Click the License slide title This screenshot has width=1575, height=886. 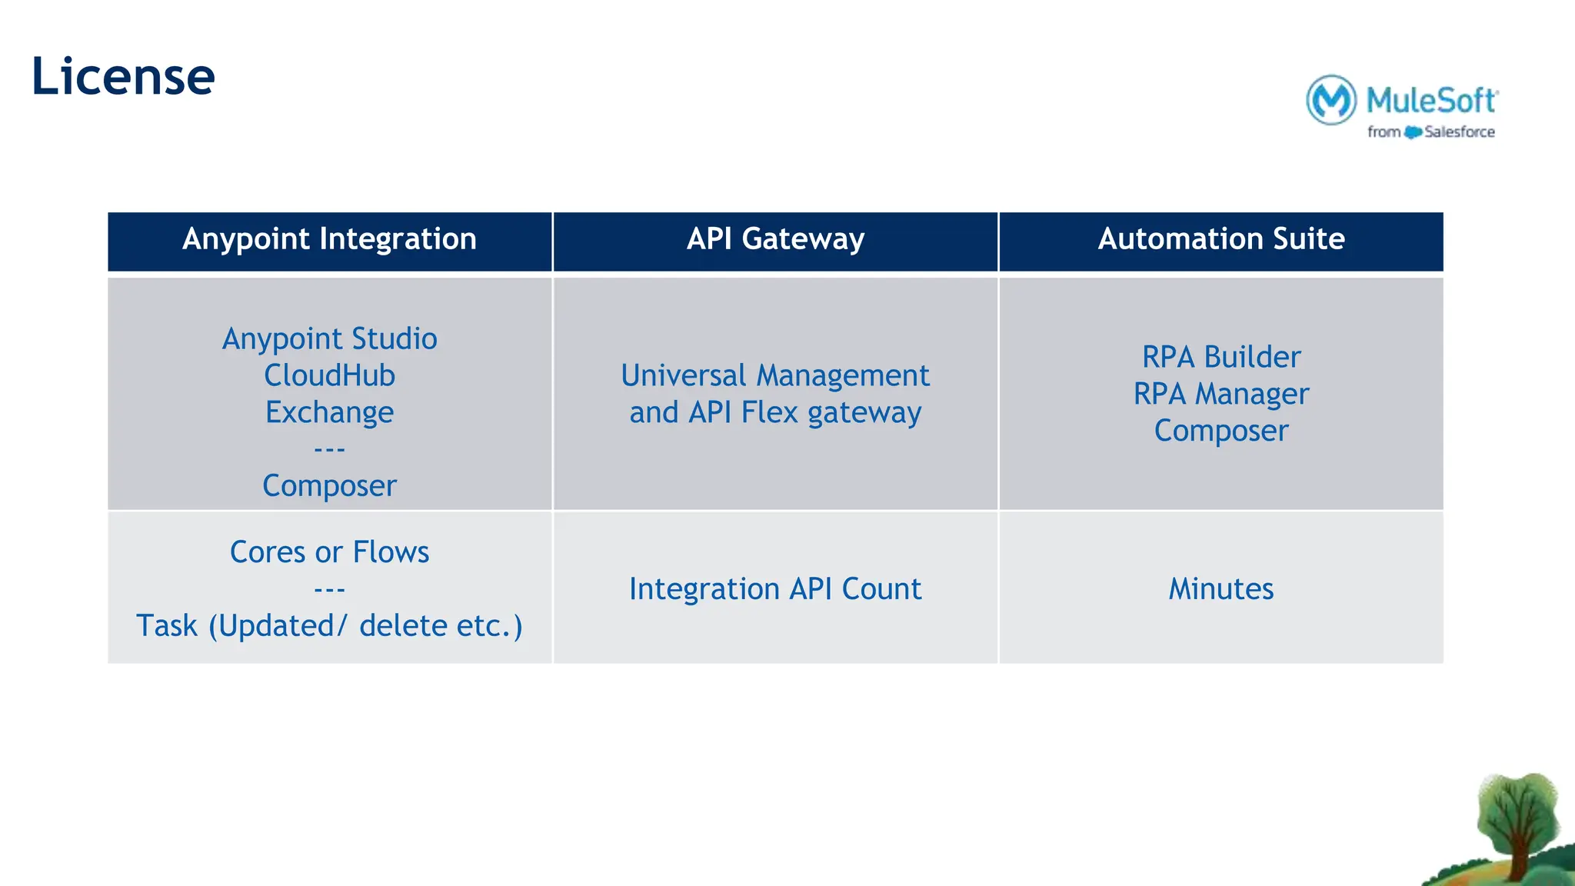click(x=123, y=77)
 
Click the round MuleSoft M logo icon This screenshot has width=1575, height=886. click(x=1331, y=100)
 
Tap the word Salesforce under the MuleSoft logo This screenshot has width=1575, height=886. click(x=1459, y=132)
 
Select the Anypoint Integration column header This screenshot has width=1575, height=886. click(x=329, y=239)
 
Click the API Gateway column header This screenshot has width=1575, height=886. click(x=775, y=239)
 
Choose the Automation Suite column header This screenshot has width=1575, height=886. click(x=1221, y=239)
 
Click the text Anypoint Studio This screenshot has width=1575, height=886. click(x=329, y=339)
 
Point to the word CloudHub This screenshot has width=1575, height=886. click(x=329, y=376)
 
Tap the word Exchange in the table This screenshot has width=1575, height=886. click(x=329, y=413)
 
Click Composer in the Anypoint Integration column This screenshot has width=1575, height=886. click(x=329, y=486)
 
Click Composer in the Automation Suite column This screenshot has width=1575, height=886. click(x=1221, y=431)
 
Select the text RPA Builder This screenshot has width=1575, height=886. click(x=1221, y=358)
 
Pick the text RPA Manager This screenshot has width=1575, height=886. click(x=1221, y=395)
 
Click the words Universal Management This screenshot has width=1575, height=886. click(x=775, y=376)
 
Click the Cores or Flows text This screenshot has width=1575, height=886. click(x=329, y=552)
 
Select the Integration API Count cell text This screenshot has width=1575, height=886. click(x=775, y=589)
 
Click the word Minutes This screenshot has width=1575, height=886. click(x=1221, y=589)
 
